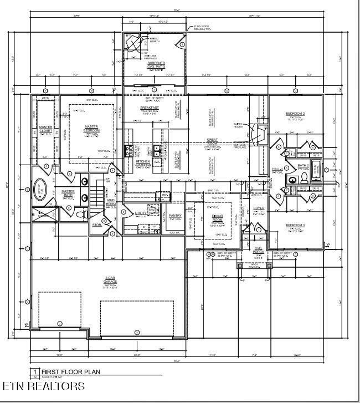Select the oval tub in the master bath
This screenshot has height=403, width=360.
tap(40, 190)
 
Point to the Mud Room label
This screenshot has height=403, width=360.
tap(111, 203)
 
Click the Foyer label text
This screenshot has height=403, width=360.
tap(259, 208)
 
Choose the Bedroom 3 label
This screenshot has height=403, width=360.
tap(295, 225)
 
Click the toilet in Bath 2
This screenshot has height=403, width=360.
tap(304, 178)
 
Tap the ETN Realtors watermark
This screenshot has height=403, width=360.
tap(43, 386)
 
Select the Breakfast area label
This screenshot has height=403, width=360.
tap(151, 108)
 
